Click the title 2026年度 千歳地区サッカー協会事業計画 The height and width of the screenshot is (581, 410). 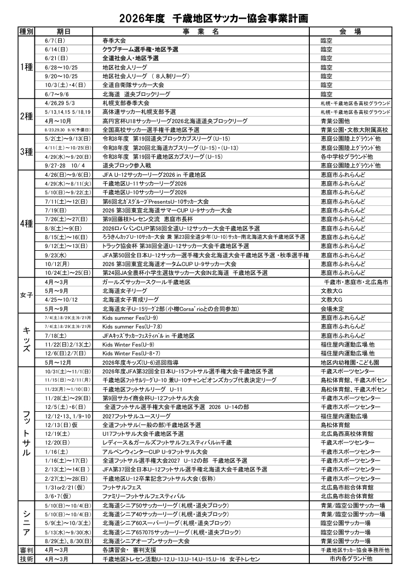(205, 18)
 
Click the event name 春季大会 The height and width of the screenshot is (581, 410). (114, 41)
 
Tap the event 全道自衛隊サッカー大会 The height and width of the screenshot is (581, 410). (133, 85)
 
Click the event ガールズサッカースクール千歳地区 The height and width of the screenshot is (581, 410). (146, 281)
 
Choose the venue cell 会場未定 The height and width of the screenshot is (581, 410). (333, 308)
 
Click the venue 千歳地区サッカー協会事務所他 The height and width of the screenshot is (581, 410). (355, 549)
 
